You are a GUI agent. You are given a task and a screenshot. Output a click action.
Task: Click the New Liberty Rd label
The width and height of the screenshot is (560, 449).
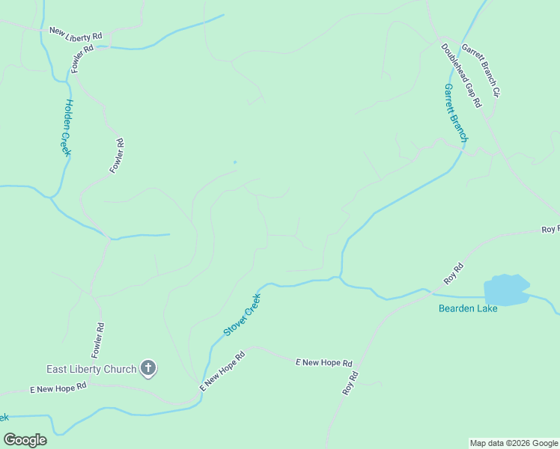point(76,34)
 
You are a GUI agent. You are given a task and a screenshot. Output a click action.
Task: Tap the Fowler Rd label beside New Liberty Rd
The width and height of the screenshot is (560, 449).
point(82,58)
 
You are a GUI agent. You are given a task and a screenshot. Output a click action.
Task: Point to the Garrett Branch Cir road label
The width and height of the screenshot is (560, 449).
point(480,70)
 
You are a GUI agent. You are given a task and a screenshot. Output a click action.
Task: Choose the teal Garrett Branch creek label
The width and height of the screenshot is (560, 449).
point(455,113)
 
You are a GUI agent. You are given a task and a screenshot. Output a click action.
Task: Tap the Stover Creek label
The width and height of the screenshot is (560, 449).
point(242,315)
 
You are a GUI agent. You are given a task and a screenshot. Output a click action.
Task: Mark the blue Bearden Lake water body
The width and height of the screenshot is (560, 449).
point(506,290)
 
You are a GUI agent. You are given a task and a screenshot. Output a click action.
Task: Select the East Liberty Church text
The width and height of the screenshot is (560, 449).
point(91,369)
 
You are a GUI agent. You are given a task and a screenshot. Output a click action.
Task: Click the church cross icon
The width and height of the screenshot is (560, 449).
point(148,368)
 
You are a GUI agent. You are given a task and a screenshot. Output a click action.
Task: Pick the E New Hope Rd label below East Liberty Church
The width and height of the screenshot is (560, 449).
point(58,388)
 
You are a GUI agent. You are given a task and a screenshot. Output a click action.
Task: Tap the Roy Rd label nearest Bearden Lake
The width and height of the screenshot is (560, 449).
point(454,273)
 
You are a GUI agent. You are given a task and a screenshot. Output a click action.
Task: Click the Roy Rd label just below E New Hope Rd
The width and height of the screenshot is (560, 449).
point(350,383)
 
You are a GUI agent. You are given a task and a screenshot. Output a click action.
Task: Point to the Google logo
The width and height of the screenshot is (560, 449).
point(25,440)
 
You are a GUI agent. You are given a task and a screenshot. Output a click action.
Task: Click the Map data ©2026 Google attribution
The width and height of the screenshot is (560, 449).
point(514,443)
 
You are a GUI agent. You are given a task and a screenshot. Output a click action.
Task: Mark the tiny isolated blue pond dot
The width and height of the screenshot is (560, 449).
point(235,162)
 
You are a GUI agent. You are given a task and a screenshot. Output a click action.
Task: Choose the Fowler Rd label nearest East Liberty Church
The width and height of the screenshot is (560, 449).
point(98,339)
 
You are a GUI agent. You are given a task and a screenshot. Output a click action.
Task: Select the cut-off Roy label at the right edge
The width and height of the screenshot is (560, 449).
point(550,230)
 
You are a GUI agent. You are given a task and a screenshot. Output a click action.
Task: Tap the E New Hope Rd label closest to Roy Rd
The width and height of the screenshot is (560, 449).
point(323,362)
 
